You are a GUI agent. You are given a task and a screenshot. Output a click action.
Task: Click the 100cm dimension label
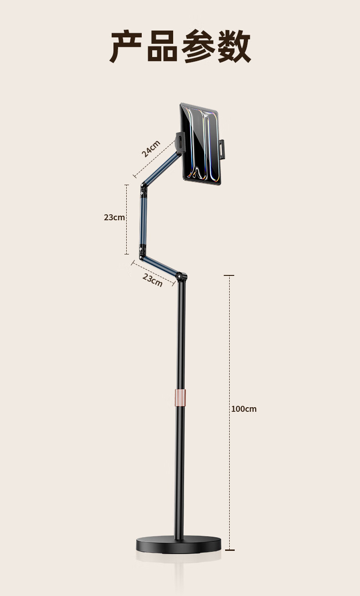click(x=244, y=409)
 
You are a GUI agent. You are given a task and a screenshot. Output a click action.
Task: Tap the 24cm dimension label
click(x=151, y=149)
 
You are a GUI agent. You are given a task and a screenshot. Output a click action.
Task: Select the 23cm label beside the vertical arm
click(x=114, y=218)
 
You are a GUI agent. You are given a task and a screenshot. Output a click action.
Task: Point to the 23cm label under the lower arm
click(x=152, y=280)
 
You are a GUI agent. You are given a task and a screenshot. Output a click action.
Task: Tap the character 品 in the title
click(x=162, y=46)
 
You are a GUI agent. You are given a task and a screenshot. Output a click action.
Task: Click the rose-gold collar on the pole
click(x=180, y=398)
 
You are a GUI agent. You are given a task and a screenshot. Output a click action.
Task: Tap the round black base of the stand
click(x=179, y=545)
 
